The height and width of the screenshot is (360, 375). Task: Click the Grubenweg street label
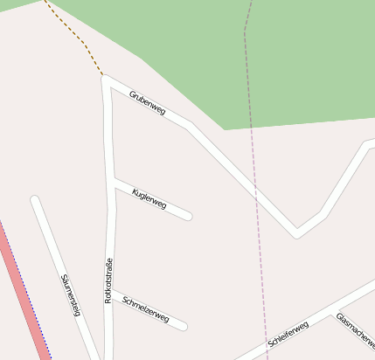pos(147,101)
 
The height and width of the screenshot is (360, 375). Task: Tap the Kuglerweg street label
pos(149,197)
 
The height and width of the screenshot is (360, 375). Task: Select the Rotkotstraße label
pos(109,280)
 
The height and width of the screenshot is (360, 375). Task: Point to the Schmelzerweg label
pos(146,310)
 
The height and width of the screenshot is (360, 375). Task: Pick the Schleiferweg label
pos(288,336)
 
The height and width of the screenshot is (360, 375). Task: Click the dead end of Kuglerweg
pos(188,216)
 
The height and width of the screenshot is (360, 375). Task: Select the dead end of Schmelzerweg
pos(184,327)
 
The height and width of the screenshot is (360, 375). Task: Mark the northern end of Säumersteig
pos(35,200)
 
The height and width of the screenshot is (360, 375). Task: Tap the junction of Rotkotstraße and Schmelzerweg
pos(109,292)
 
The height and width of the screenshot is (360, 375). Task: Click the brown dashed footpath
pos(73,33)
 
